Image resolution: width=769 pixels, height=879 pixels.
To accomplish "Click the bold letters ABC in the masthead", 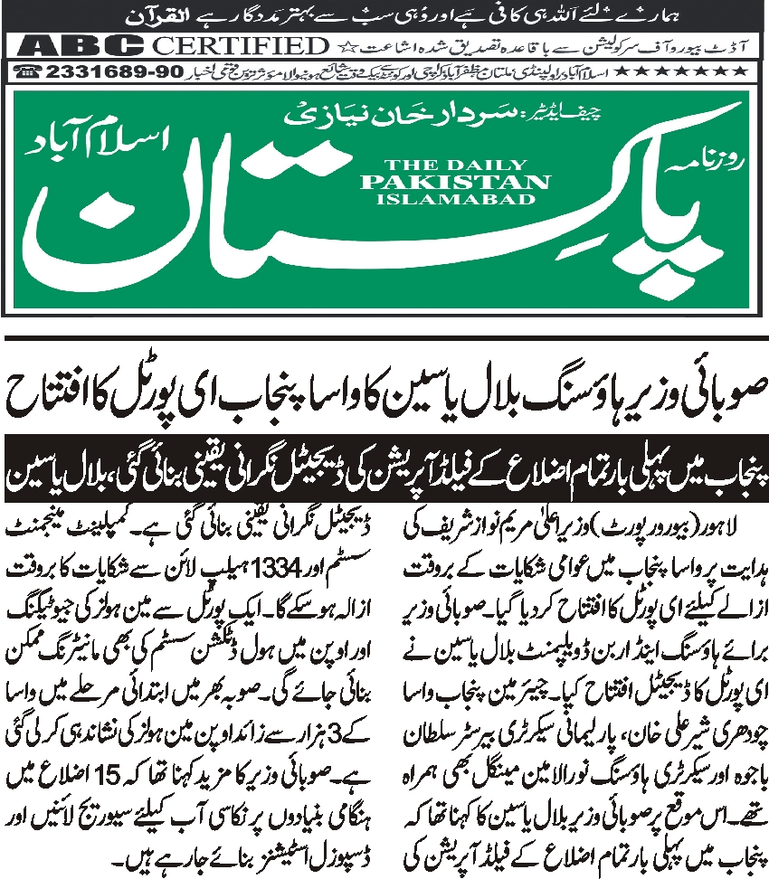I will [x=68, y=45].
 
